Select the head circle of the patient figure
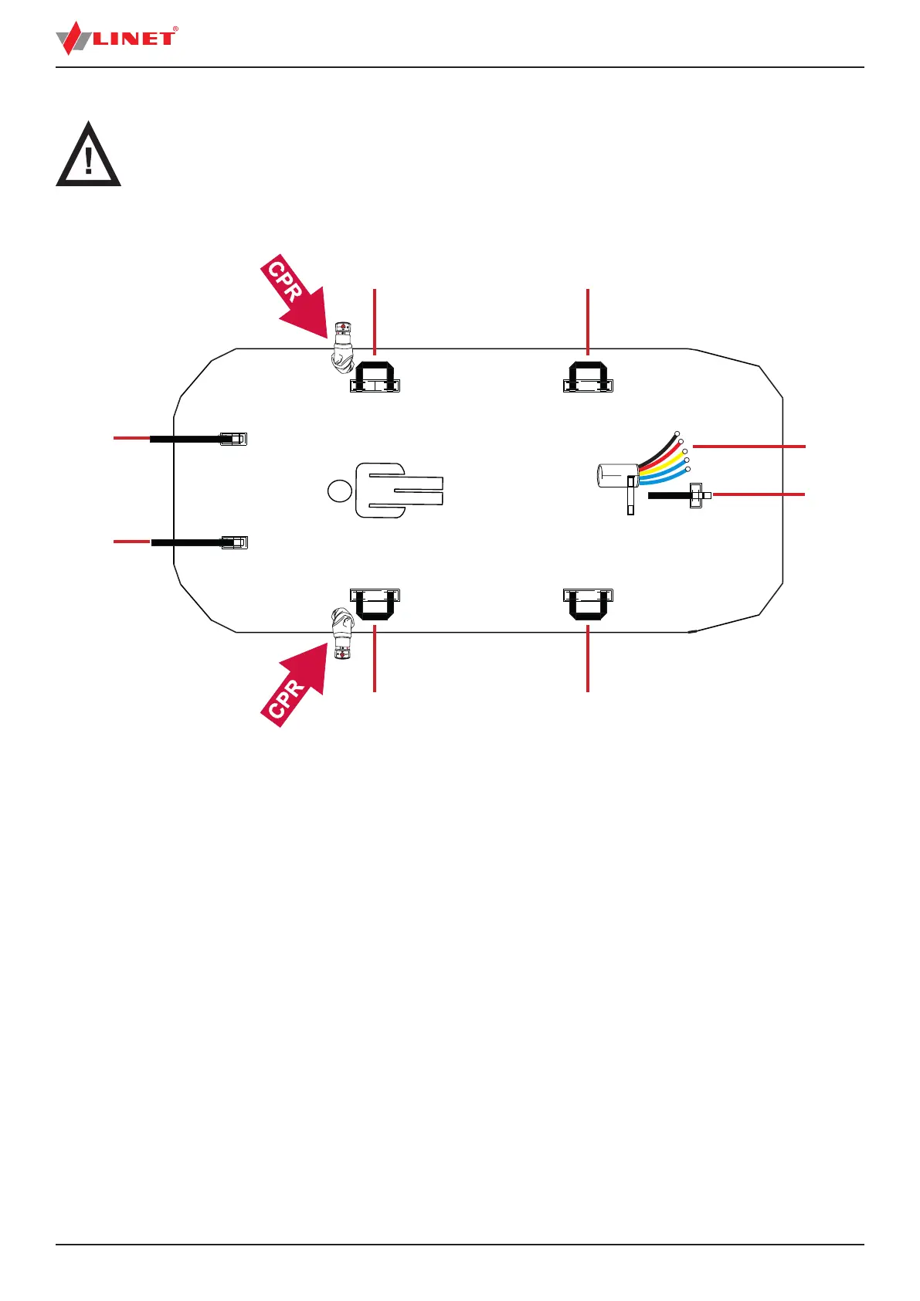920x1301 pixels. pos(338,490)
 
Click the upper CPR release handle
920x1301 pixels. pos(341,349)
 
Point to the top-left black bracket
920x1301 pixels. pos(375,375)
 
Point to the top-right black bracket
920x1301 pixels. pos(588,375)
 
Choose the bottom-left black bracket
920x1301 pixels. pos(375,603)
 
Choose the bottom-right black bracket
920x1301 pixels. pos(588,603)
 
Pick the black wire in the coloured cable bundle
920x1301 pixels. pos(660,447)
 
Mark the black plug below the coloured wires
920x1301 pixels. pos(680,495)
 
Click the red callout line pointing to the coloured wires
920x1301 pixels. pos(749,447)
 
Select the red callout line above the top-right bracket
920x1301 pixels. pos(588,321)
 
